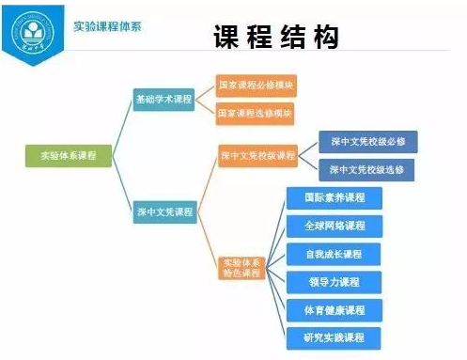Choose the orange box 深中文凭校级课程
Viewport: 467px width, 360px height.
[257, 155]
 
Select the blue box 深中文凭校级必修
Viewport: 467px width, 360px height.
[367, 142]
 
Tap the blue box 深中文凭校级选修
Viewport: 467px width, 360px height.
[367, 169]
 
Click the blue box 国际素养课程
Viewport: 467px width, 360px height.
[335, 198]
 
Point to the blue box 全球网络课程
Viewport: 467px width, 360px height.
[335, 226]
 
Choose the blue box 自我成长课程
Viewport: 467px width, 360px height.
[335, 254]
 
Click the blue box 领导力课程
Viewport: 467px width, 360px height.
[335, 281]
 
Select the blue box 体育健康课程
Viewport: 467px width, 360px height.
[335, 309]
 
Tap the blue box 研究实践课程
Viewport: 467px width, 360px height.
[335, 337]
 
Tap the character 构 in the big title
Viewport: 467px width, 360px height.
[322, 39]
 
